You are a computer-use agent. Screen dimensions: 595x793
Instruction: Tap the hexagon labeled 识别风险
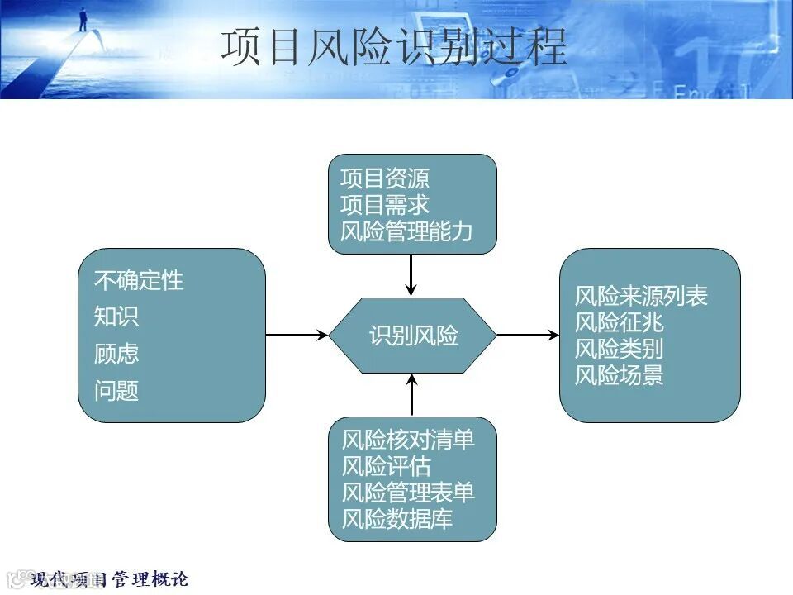413,336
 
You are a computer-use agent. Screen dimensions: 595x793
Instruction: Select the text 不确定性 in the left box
139,281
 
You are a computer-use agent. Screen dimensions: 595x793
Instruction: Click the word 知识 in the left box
116,317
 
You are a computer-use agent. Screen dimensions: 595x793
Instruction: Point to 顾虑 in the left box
116,354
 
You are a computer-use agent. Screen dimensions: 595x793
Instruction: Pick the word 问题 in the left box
116,391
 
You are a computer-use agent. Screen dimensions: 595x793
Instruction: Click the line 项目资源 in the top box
384,179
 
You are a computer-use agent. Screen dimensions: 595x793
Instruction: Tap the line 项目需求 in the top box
384,205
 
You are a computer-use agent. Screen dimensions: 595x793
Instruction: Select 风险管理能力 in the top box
406,231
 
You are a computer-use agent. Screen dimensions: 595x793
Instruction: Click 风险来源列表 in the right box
641,297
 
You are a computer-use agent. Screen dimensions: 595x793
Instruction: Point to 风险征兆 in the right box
619,322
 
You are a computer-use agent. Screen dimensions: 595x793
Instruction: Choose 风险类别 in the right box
619,349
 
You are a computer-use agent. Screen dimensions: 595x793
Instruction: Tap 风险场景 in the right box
619,375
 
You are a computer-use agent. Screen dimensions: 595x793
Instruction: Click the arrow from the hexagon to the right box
528,336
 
